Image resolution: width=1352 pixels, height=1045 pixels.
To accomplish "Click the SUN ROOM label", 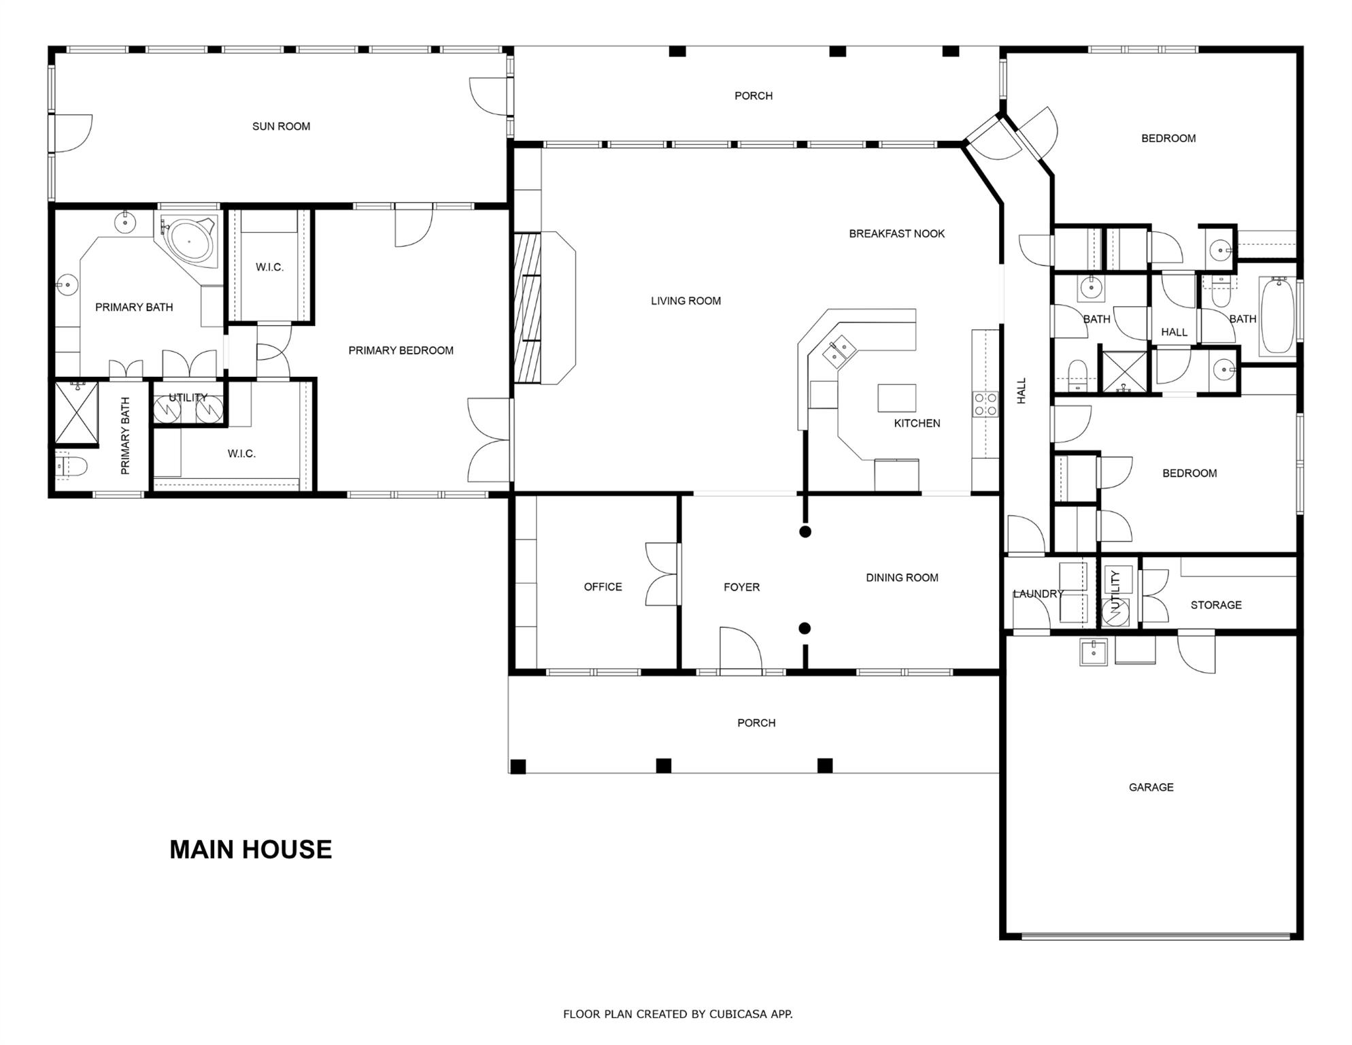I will (281, 127).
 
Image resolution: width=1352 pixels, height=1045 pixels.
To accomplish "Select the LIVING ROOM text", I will (686, 301).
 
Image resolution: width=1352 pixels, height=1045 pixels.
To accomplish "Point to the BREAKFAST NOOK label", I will (896, 234).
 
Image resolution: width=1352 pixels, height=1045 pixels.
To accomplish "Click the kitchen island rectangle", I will (896, 398).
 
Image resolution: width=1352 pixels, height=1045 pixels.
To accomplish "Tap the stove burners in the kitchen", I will (985, 404).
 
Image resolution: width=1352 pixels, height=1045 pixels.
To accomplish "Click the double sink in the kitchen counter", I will (839, 352).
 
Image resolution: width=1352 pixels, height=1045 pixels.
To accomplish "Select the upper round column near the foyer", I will (805, 531).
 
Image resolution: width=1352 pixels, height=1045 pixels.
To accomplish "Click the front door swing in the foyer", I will (740, 650).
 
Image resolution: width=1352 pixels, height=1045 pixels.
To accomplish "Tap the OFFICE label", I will (603, 587).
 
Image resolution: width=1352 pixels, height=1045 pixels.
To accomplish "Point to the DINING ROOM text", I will (902, 578).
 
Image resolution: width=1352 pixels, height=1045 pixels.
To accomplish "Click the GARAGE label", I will (1151, 787).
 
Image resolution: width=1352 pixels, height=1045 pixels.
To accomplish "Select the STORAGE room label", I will (1216, 605).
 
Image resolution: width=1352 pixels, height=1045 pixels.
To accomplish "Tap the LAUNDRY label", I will (1038, 594).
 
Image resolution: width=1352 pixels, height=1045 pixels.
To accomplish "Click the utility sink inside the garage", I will (1094, 652).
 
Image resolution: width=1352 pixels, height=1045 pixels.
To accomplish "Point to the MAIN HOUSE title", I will (250, 849).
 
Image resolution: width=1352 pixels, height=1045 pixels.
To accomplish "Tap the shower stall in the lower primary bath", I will (76, 412).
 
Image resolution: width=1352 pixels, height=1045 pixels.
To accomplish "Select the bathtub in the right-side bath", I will (1277, 316).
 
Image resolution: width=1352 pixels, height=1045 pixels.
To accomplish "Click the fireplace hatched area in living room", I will (527, 308).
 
